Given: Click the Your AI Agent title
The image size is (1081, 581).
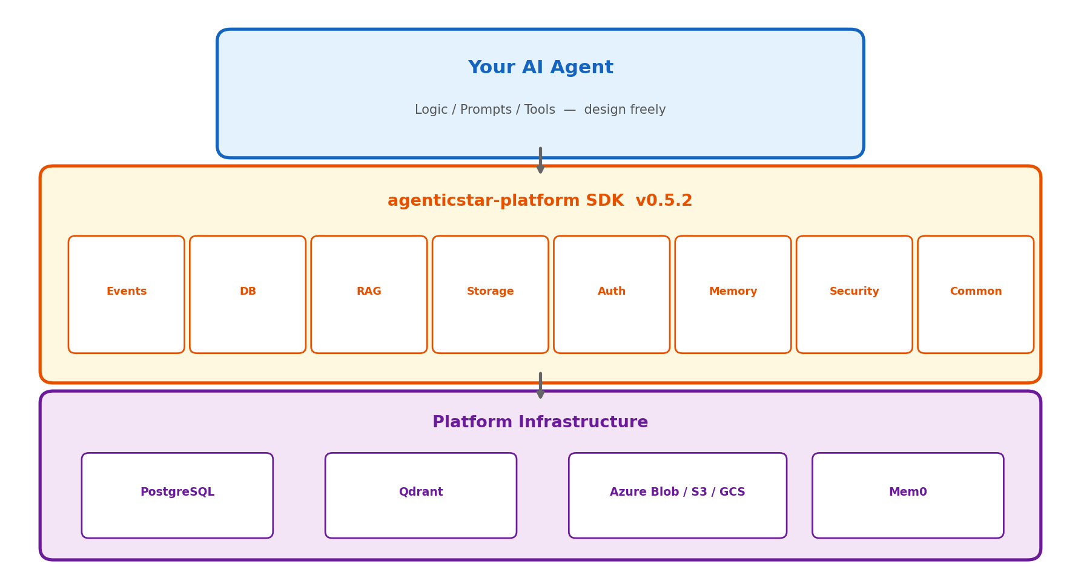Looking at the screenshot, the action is coord(540,68).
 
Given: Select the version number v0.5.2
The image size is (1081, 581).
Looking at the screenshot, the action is coord(664,201).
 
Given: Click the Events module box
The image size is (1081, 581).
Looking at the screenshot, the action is coord(127,295).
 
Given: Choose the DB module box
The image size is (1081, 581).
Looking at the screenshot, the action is coord(248,295).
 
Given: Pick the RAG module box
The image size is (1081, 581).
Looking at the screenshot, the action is coord(369,295).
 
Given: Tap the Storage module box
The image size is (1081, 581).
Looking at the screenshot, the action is coord(491,295).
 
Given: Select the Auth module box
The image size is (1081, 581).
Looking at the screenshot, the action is coord(612,295).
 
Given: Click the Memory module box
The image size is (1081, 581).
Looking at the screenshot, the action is coord(733,295).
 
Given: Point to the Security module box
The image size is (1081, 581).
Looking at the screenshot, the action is coord(855,295).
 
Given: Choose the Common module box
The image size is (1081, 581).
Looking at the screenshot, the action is coord(976,295).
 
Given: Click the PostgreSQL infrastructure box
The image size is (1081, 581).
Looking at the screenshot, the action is coord(177,496).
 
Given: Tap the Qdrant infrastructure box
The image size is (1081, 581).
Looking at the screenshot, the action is coord(421,496).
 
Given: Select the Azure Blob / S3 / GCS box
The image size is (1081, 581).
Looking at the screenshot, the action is coord(678,496).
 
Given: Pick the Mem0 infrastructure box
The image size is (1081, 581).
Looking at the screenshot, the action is coord(908,496).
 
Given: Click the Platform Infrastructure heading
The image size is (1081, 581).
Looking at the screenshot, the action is coord(540,422).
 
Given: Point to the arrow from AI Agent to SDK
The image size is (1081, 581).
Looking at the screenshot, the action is coord(540,160).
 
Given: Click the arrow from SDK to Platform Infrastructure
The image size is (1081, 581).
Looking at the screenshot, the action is coord(540,386).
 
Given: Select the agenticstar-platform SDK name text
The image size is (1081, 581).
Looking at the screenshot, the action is coord(506,201).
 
